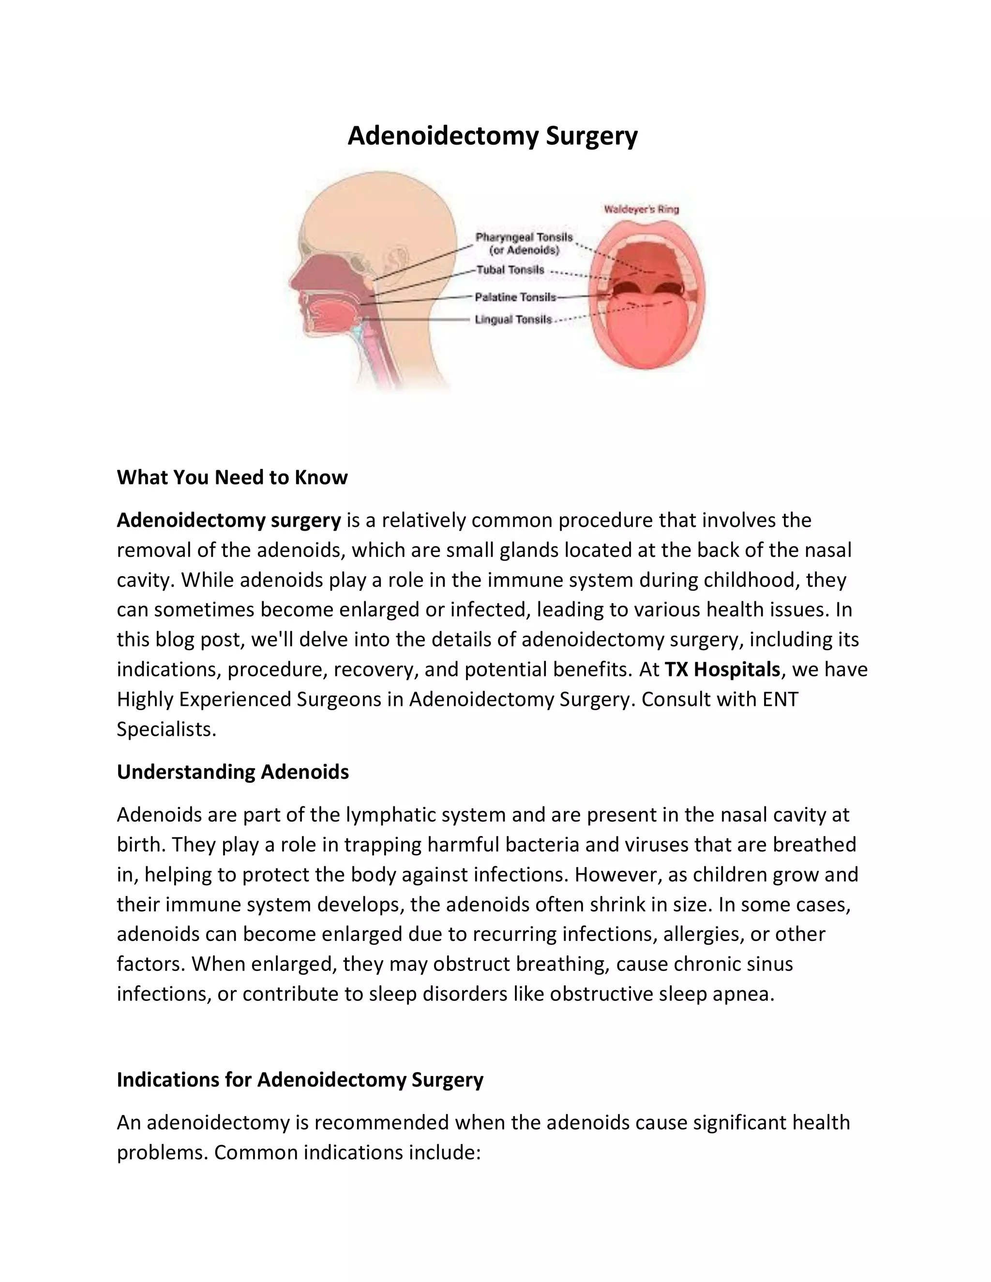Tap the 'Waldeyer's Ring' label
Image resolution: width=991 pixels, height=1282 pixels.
[x=641, y=209]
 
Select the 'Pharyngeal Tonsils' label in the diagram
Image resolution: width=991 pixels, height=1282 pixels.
[x=524, y=237]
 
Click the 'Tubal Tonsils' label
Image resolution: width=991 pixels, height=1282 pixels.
[x=510, y=270]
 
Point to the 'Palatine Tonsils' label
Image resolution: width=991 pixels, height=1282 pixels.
[x=515, y=297]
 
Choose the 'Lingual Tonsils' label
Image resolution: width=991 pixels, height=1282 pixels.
[x=513, y=320]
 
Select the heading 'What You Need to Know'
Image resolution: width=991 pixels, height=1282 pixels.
[x=232, y=477]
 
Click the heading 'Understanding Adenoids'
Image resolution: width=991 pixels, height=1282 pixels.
[x=232, y=772]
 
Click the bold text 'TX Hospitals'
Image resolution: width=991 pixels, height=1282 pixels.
[x=721, y=669]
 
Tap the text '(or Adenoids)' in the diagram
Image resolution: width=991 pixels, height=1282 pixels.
[x=524, y=251]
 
